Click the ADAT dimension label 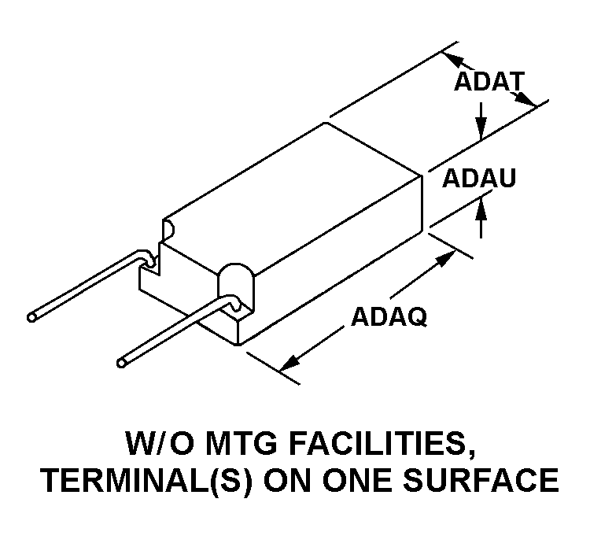(x=489, y=81)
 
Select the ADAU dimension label (x=478, y=178)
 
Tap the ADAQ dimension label (x=389, y=317)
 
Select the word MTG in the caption (x=242, y=444)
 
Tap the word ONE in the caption (x=353, y=480)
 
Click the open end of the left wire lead (x=31, y=318)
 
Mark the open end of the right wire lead (x=121, y=363)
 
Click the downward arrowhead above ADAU (x=481, y=129)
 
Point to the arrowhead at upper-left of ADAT (x=453, y=60)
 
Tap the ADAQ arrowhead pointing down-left (x=289, y=364)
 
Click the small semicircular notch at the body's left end (x=168, y=230)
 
